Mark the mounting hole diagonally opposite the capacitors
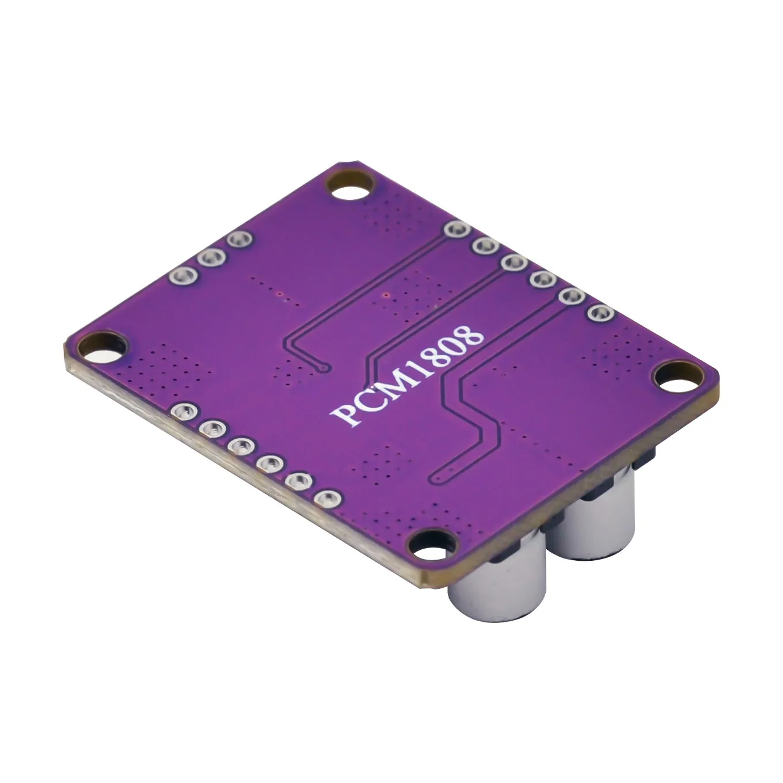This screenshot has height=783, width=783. (348, 187)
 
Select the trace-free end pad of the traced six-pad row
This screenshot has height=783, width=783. (599, 313)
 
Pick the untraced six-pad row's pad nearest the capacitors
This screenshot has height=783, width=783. (327, 499)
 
